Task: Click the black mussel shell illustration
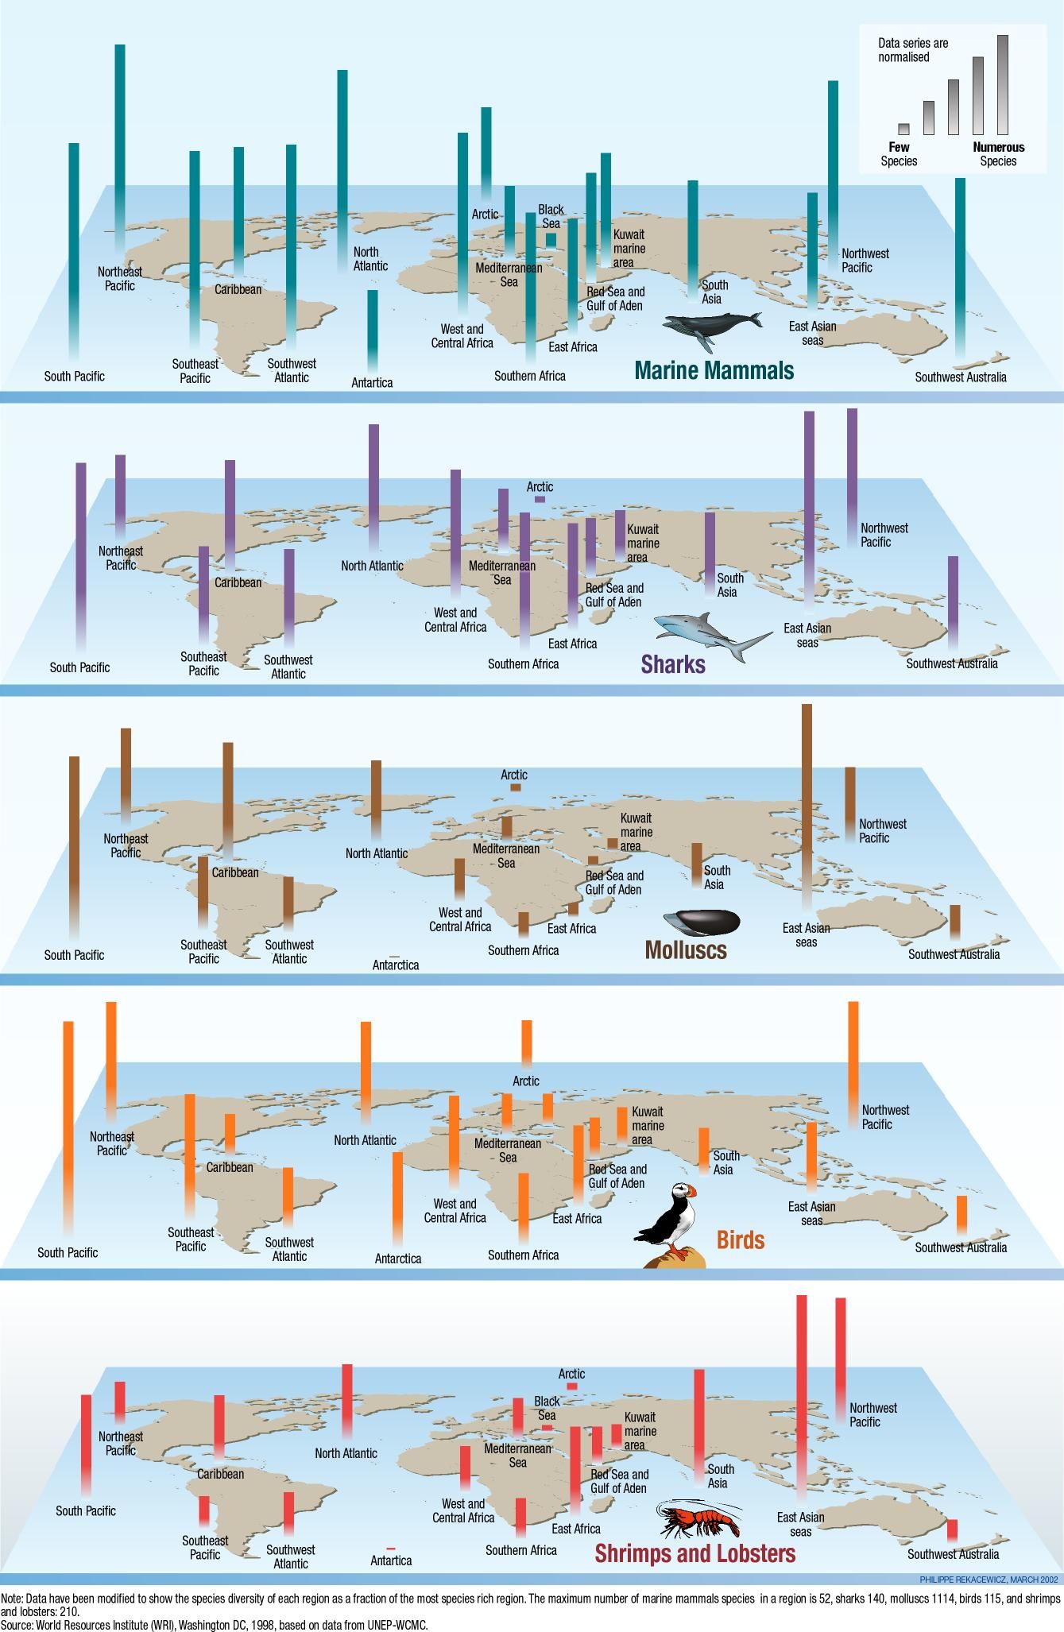point(702,922)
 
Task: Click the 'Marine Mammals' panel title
point(714,370)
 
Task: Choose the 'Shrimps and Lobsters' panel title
point(695,1553)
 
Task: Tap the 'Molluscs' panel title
point(686,950)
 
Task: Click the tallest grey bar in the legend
point(1002,84)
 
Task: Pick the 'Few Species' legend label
point(899,154)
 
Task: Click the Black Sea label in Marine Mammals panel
point(551,216)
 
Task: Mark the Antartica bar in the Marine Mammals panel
point(372,330)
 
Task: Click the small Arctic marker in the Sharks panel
point(540,500)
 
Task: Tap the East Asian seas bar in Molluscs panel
point(807,802)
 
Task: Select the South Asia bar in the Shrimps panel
point(698,1421)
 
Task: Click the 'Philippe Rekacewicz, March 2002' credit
point(1000,1580)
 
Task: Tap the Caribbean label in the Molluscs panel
point(235,872)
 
